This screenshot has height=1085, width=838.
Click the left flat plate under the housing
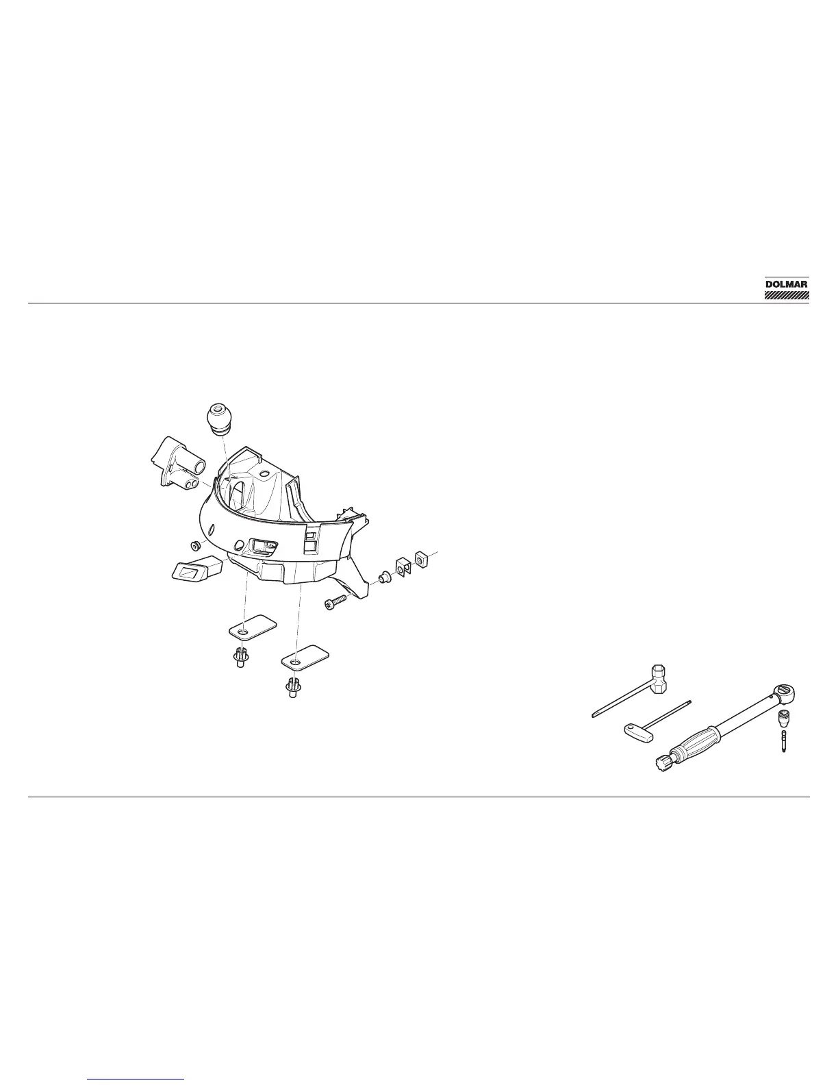251,625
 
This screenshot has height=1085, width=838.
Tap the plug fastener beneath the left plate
240,659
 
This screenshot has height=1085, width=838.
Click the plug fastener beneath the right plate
294,688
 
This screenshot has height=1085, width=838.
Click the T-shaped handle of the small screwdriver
635,730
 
